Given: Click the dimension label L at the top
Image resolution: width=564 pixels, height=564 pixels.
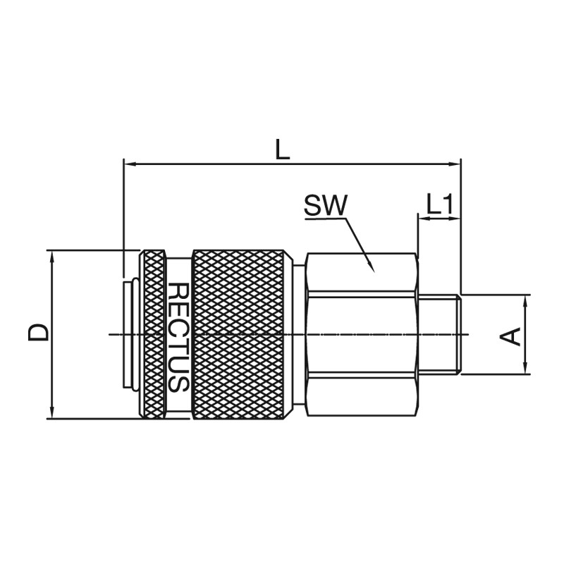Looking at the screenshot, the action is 283,149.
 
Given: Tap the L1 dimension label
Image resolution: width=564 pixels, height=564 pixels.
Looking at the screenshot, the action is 439,204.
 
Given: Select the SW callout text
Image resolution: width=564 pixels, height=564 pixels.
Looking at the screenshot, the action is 326,205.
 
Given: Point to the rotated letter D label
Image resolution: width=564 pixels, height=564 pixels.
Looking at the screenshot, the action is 38,332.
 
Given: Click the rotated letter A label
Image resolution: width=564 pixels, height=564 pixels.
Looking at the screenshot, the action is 510,336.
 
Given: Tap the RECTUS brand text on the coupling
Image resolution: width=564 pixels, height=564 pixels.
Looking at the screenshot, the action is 178,337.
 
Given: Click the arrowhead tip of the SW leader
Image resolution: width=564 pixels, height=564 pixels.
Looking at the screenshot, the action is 374,272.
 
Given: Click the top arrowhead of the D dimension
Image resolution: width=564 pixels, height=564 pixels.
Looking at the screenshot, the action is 52,251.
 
